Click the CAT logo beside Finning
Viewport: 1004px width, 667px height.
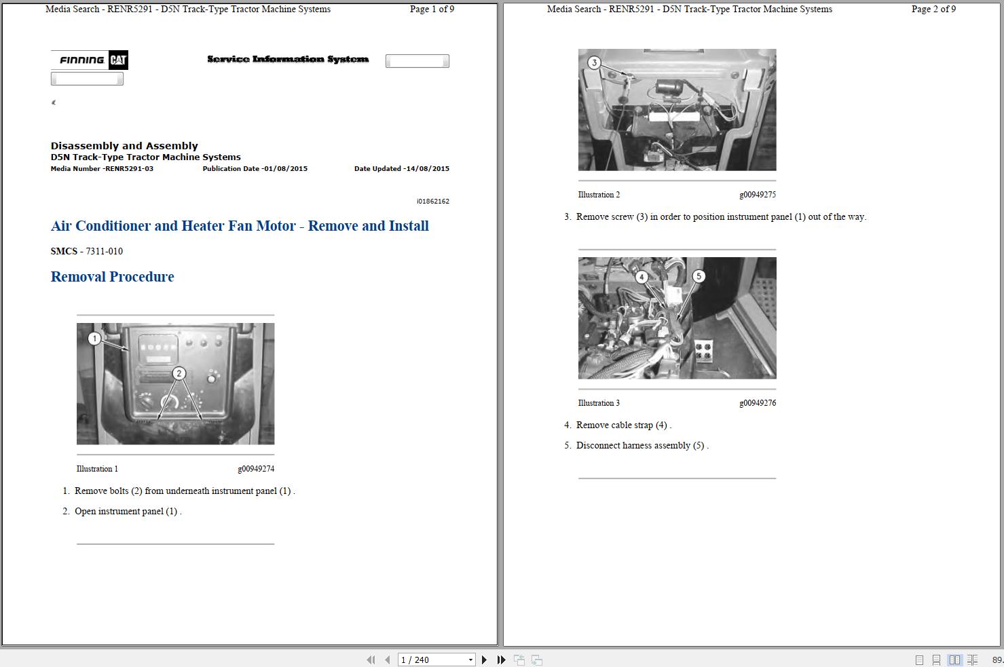118,60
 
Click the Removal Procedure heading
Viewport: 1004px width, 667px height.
112,277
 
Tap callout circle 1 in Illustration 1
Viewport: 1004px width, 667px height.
94,338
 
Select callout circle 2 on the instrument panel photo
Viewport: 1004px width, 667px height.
179,373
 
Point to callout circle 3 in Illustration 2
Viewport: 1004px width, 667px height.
595,62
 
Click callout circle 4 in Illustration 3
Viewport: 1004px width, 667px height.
642,277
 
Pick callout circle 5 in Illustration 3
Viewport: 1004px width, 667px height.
699,276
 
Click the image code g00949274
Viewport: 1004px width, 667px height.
256,469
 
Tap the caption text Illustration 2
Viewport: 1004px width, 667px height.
599,195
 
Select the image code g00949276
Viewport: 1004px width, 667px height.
758,402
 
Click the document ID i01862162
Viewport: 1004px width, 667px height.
433,201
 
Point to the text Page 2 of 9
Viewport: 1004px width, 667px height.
933,9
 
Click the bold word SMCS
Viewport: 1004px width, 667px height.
64,251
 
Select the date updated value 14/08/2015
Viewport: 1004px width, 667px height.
428,169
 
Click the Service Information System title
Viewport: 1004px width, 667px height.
288,59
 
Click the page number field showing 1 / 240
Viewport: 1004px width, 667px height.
436,660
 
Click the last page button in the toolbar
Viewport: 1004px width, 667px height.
501,660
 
